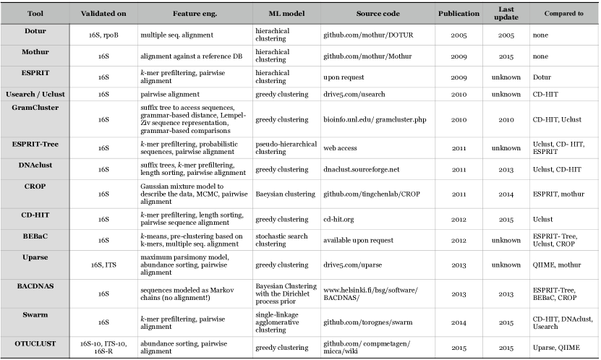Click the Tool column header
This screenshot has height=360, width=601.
[x=34, y=14]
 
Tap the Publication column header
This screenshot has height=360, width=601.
[x=458, y=14]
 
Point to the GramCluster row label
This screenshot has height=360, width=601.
[x=34, y=106]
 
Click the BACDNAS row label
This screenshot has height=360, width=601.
[x=34, y=285]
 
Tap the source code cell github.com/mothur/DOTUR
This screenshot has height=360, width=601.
[x=365, y=34]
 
